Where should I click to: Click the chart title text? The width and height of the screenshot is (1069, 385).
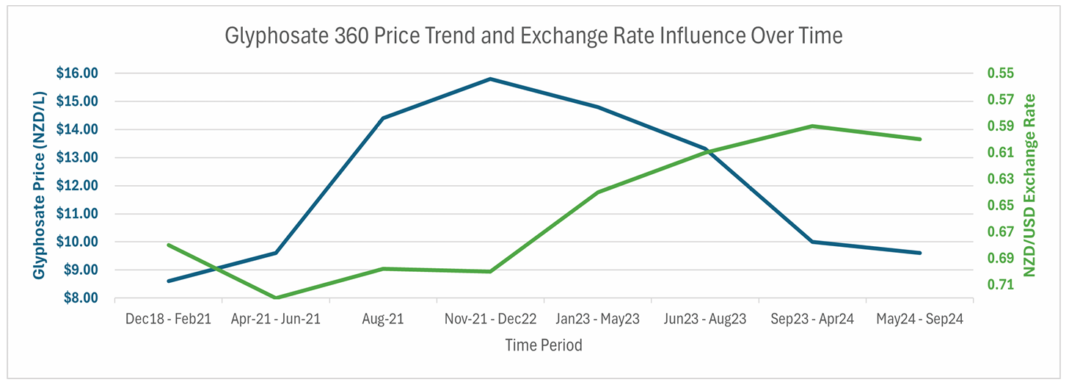534,35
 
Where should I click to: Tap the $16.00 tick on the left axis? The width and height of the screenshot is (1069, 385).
76,73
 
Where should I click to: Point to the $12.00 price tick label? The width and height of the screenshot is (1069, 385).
76,186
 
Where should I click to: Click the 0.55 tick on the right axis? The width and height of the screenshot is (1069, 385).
1000,73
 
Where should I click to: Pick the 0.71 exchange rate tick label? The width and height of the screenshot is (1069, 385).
1000,285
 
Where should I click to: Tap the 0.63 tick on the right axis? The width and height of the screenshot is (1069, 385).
1000,179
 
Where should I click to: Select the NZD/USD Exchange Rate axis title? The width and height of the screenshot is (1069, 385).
1030,185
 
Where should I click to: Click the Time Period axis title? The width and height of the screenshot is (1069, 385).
543,345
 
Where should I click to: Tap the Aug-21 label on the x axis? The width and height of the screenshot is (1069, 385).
383,320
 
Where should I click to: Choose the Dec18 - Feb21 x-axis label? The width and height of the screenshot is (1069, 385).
168,320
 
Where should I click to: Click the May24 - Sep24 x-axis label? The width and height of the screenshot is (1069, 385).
919,320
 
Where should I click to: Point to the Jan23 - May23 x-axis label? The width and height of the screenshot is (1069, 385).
597,320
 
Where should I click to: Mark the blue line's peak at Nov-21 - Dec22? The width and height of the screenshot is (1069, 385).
490,79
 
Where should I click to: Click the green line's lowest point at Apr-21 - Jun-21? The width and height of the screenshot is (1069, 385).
276,298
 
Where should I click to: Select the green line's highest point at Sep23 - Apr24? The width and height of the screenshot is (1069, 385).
812,126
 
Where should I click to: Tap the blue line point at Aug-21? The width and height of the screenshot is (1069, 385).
383,118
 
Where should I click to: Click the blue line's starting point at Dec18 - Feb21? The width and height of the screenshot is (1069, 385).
169,281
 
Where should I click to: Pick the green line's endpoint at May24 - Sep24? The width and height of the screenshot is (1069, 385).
920,139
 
